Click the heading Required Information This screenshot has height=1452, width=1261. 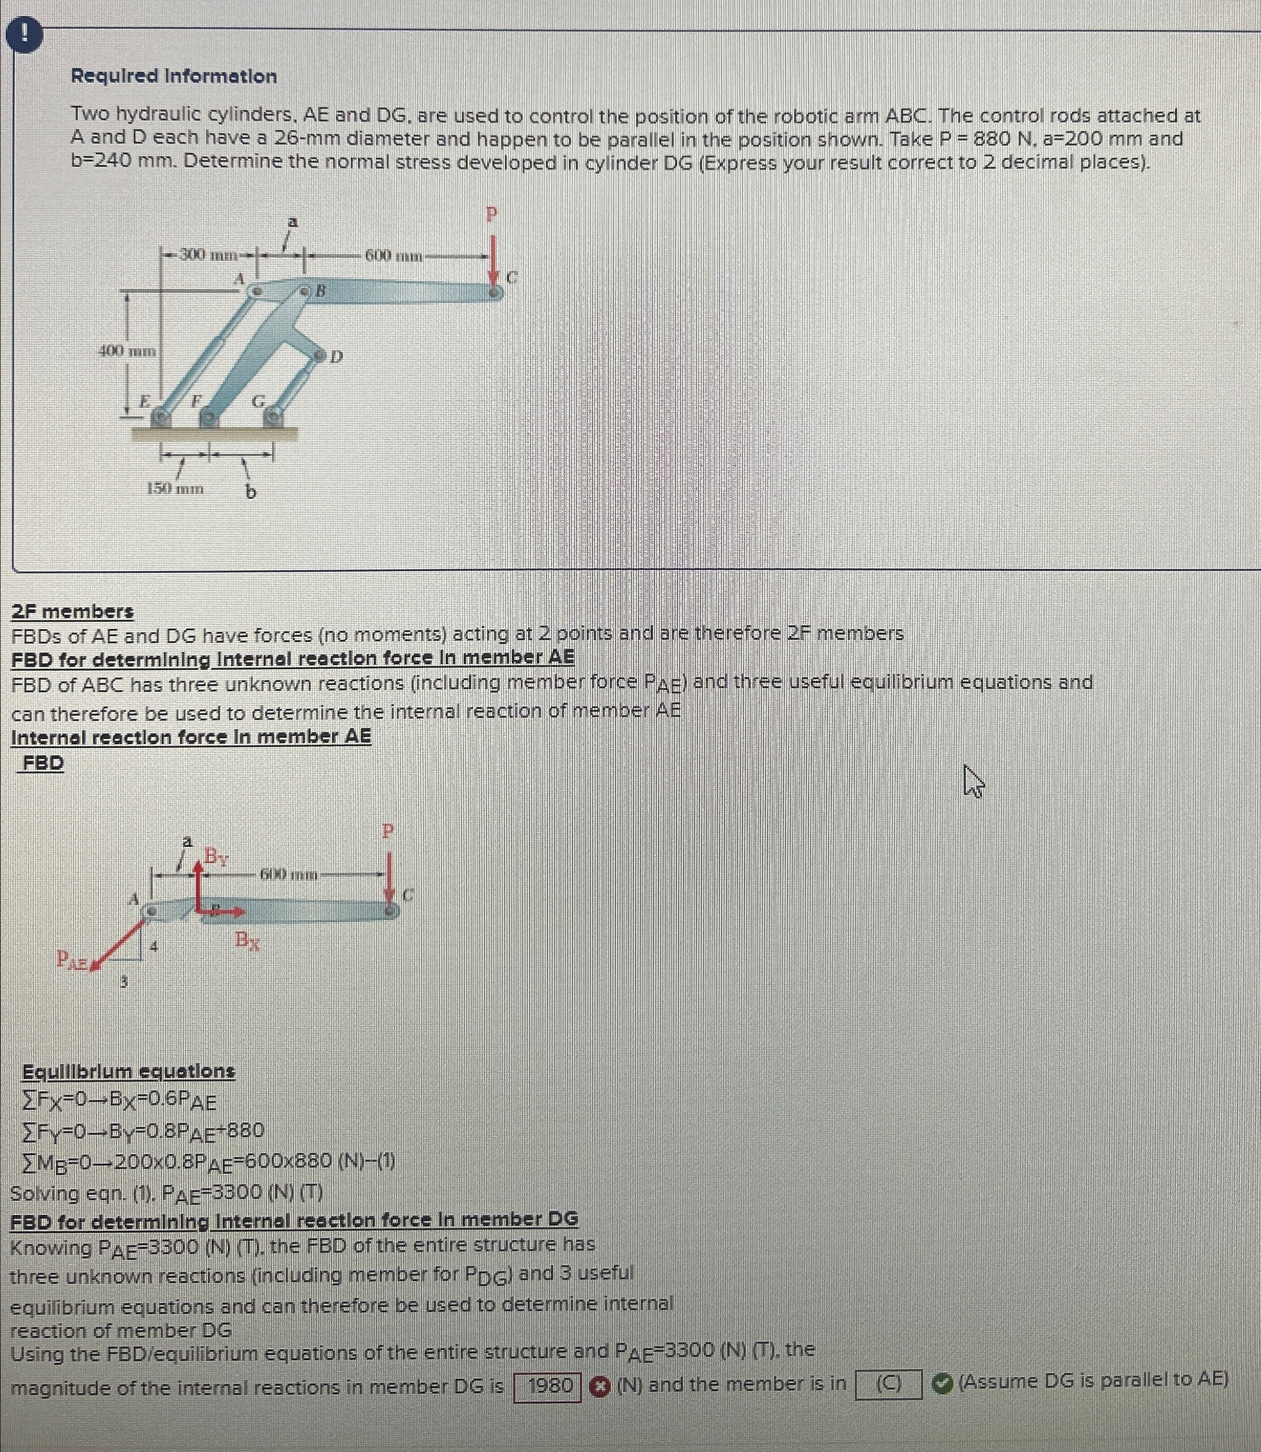(x=174, y=76)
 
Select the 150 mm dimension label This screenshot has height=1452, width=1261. (x=175, y=488)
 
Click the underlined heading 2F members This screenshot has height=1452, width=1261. (x=72, y=611)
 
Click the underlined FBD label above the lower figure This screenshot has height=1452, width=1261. (x=43, y=763)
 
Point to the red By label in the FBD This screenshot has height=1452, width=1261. (x=216, y=857)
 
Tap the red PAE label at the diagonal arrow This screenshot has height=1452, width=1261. (x=72, y=959)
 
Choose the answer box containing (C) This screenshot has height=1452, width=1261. (x=888, y=1384)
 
